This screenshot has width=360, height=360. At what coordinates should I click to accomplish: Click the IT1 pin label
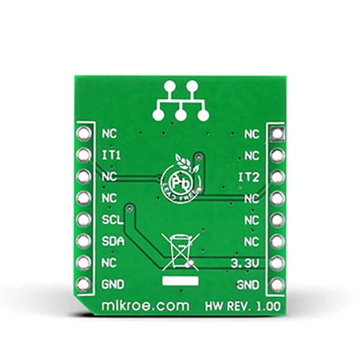pos(112,155)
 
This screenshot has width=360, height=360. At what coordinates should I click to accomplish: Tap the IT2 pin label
pos(249,177)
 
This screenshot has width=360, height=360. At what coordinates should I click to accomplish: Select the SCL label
pos(113,220)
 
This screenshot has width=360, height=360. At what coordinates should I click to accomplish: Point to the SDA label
pos(113,241)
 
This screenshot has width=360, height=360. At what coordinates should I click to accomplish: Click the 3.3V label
pos(245,263)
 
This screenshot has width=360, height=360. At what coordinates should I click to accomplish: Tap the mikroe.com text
pos(145,306)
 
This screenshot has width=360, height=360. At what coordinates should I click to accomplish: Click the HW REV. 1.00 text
pos(242,306)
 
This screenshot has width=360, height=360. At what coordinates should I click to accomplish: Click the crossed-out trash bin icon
pos(181,251)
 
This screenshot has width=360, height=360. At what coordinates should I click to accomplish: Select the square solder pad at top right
pos(277,133)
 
